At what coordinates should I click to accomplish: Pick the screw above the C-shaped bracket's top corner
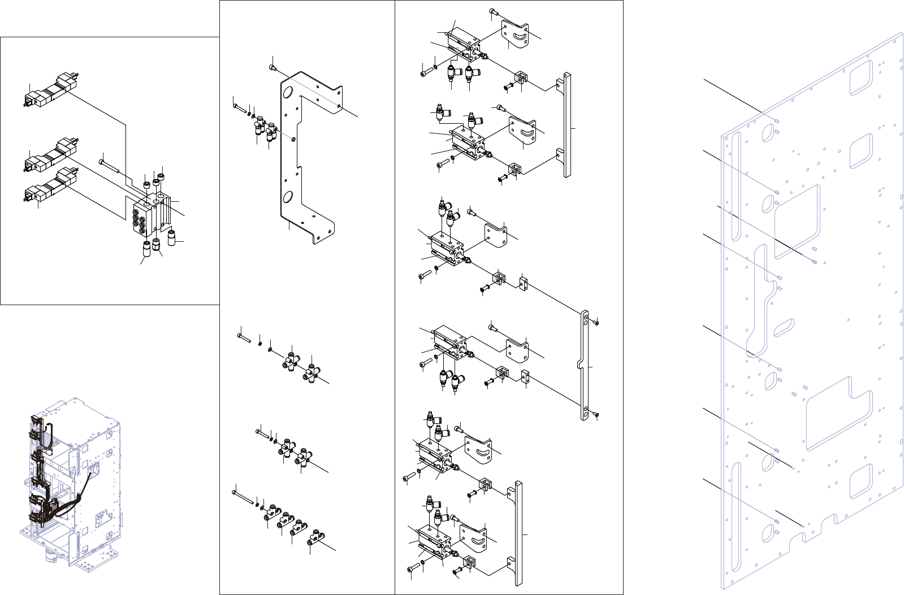tap(273, 68)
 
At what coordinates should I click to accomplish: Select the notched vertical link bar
tap(585, 366)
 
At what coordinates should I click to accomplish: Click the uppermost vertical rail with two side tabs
tap(567, 125)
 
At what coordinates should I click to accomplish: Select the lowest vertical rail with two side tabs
tap(518, 534)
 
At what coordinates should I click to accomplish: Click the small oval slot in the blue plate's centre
tap(784, 327)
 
